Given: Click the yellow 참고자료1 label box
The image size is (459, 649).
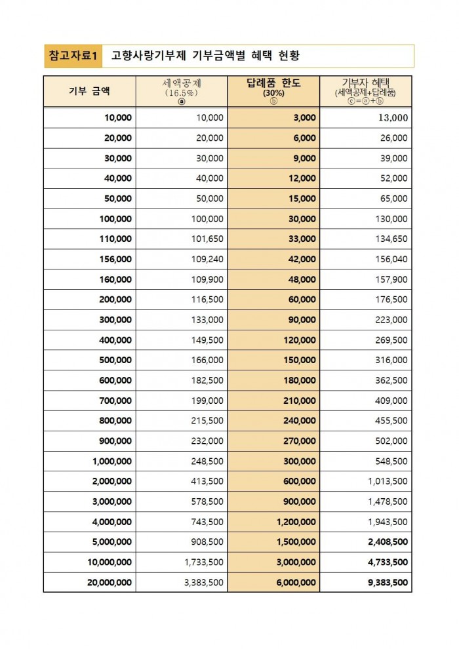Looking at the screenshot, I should (x=73, y=56).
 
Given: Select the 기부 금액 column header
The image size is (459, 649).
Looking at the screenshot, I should (x=89, y=92).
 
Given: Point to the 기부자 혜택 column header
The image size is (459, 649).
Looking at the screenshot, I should (x=366, y=91).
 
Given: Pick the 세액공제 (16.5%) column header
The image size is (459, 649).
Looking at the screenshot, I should (x=182, y=91).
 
